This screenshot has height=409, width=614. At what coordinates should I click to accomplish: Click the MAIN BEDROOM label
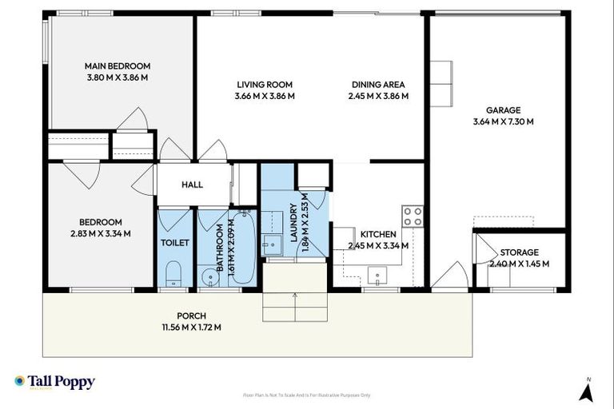coord(118,66)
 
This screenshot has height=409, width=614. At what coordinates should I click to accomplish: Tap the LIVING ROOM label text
coord(265,85)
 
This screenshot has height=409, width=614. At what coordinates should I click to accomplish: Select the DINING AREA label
coord(378,85)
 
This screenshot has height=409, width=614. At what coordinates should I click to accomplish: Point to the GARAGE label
coord(503,110)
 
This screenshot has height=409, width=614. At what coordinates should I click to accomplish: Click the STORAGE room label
coord(519,252)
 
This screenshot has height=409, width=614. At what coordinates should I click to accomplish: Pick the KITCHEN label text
coord(378,234)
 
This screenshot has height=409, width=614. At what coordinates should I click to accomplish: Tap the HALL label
coord(192,185)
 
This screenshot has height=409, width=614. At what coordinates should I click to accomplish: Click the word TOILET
coord(173,243)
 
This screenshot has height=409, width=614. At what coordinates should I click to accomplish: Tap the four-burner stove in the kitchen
coord(413,216)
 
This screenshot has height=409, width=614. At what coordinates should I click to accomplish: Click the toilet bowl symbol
coord(173,276)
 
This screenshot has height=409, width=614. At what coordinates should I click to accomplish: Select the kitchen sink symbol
coord(377,277)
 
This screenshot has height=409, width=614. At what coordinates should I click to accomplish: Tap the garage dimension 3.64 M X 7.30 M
coord(503,122)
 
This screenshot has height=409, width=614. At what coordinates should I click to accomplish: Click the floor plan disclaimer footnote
coord(306,395)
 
